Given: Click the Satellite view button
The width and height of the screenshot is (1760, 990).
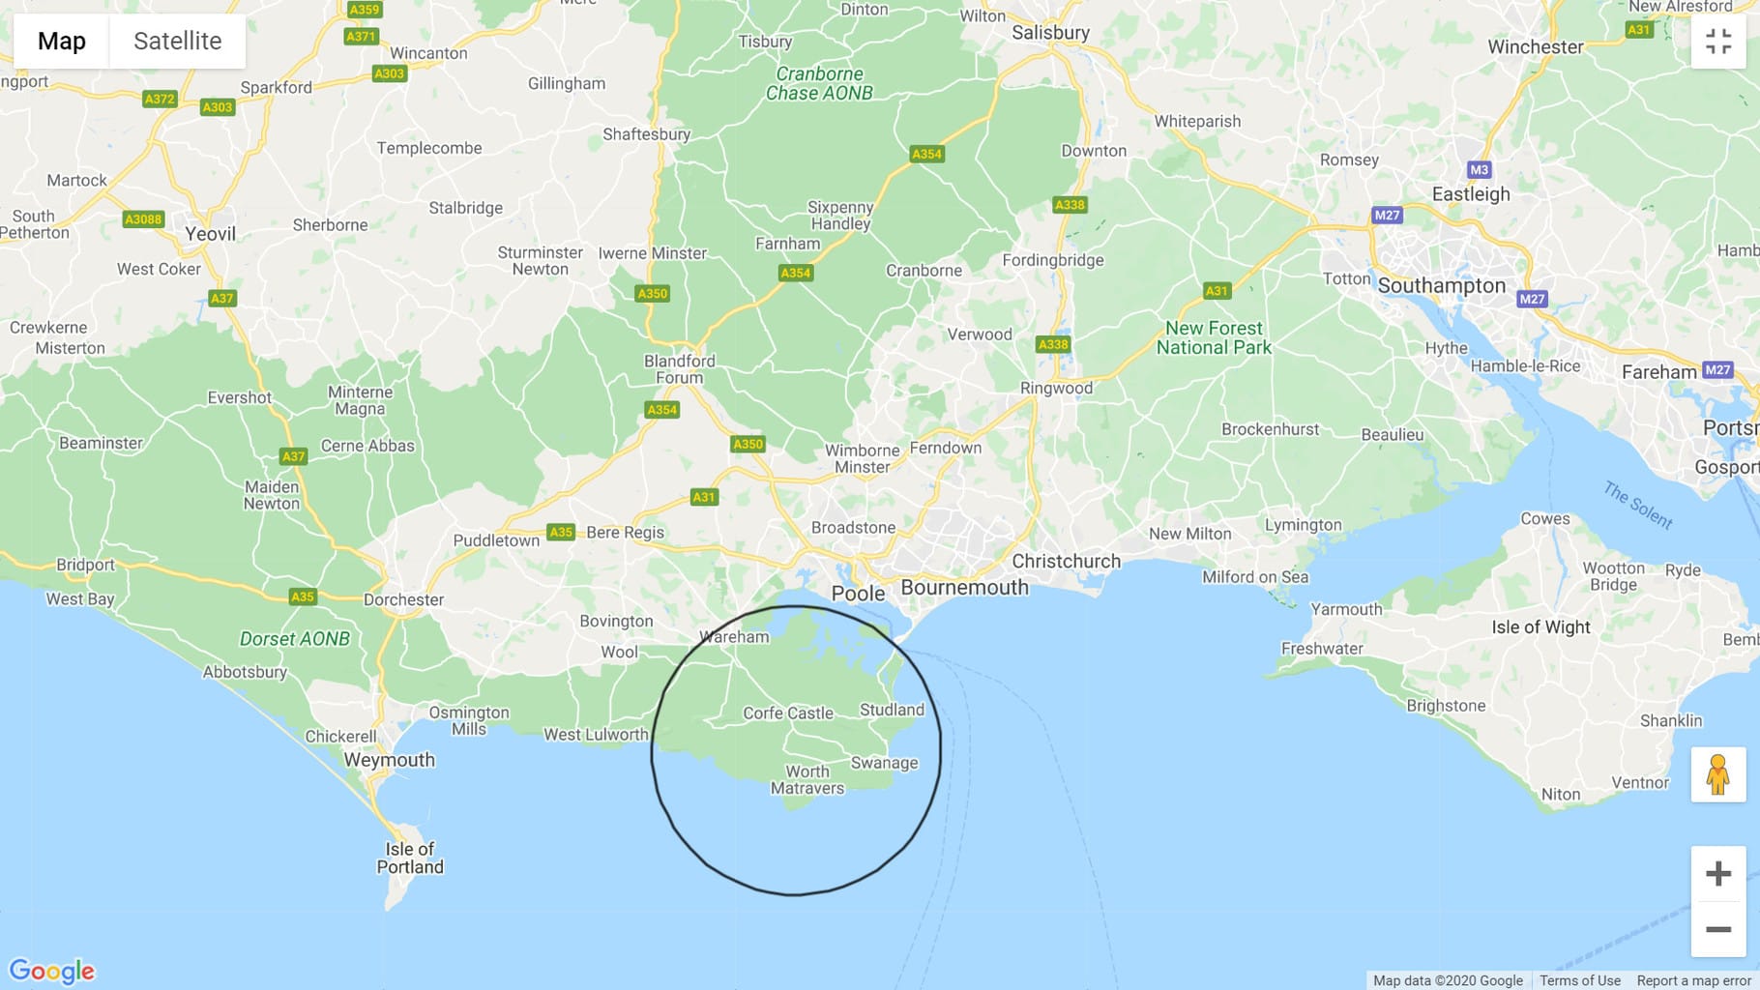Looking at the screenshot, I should [177, 41].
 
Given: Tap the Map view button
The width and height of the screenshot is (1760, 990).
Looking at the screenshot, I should [62, 41].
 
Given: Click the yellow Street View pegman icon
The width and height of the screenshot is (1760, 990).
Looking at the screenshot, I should [1717, 774].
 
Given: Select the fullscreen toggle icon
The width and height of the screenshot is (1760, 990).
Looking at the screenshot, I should [1717, 42].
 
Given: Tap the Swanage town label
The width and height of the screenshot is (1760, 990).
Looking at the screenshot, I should [884, 763].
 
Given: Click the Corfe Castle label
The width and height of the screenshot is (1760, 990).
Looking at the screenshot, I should [787, 713].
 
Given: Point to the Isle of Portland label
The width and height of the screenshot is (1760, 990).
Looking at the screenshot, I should [410, 858].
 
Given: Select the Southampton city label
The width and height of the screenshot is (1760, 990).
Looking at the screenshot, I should [1441, 285].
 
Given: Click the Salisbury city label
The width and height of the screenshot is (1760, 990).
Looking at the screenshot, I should [1050, 32].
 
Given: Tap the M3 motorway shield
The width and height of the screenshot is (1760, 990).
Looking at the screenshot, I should [1479, 170].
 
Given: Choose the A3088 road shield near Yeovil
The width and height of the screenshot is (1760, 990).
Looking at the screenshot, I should [143, 219].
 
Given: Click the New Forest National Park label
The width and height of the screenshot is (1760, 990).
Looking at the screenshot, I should [1214, 337].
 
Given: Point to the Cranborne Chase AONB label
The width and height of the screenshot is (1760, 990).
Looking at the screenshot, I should [819, 83].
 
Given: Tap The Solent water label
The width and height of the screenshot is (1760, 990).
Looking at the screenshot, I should [1637, 505].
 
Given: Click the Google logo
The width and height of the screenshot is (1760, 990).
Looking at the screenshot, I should [52, 971].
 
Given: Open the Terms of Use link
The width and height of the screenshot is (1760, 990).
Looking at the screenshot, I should [1579, 980].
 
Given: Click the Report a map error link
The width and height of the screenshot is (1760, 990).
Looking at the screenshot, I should [1693, 980].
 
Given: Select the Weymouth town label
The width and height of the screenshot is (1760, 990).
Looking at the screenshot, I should [389, 760].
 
